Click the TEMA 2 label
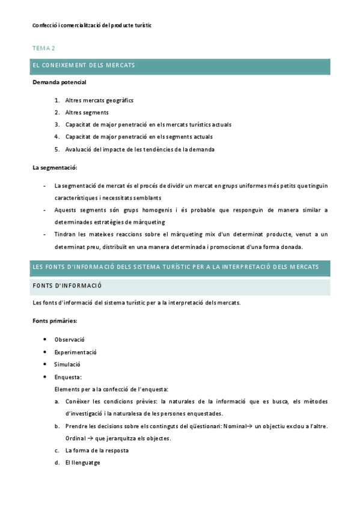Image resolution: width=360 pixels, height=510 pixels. (x=43, y=48)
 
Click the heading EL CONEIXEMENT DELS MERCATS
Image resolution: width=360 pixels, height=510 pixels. (x=84, y=65)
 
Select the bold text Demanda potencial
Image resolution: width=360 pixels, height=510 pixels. (x=59, y=82)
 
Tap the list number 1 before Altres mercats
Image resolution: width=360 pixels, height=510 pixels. (x=56, y=100)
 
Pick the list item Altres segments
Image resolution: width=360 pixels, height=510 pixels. (x=87, y=112)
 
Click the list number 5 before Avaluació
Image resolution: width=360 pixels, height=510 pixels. (x=56, y=149)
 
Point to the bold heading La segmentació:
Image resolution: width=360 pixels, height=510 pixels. (x=55, y=167)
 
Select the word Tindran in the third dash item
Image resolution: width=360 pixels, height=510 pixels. (x=65, y=235)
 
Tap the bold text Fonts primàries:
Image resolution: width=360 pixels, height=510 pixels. (x=55, y=321)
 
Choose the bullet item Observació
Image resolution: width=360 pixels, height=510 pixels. (x=69, y=339)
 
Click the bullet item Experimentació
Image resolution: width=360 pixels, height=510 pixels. (x=75, y=352)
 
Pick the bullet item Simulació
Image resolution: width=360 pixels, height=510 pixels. (x=67, y=364)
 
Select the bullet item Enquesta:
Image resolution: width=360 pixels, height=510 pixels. (x=68, y=377)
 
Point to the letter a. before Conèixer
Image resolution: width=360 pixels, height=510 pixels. (x=56, y=401)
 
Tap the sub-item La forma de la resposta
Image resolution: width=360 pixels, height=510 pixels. (x=97, y=450)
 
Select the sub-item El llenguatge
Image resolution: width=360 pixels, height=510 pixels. (x=83, y=462)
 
